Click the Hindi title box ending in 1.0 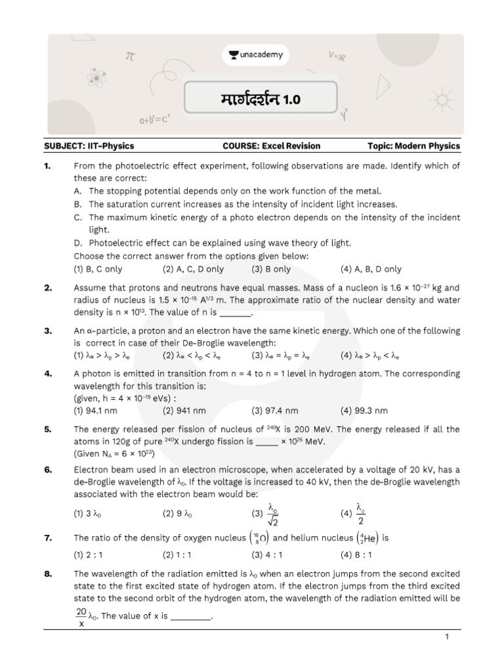(x=261, y=100)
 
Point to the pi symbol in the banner (x=130, y=58)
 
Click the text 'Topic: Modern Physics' (x=413, y=146)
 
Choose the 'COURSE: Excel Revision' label (x=272, y=146)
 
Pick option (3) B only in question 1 (x=270, y=269)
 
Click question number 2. (x=48, y=287)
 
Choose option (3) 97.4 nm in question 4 (x=274, y=411)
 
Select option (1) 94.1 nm (x=96, y=411)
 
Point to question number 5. (x=48, y=429)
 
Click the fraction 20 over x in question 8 (x=81, y=618)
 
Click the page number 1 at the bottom (x=446, y=637)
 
